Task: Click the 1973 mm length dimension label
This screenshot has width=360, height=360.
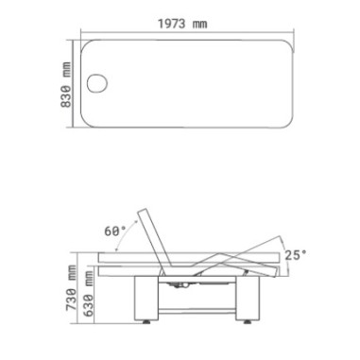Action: click(182, 24)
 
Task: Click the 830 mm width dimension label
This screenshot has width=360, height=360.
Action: click(66, 84)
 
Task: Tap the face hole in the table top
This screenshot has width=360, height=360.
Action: click(97, 83)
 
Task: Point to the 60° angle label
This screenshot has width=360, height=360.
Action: click(114, 231)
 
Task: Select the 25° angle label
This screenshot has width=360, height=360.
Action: click(296, 255)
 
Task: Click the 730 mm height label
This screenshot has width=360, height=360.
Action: click(72, 287)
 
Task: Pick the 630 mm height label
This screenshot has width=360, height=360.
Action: click(89, 293)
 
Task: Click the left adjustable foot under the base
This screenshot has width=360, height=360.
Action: click(146, 322)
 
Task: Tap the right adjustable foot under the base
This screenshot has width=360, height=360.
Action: click(248, 322)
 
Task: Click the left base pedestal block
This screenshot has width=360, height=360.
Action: click(146, 298)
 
